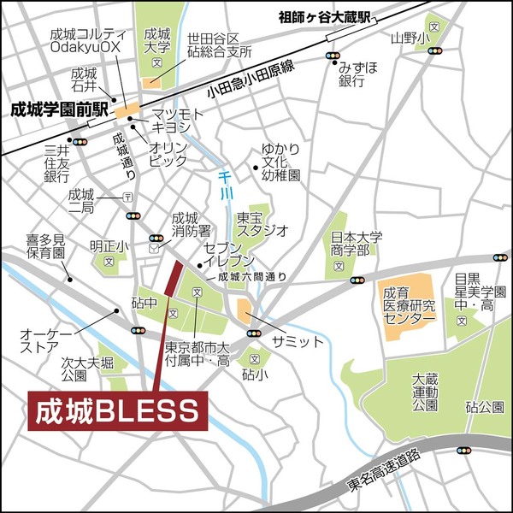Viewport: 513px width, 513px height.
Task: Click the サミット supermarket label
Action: click(297, 341)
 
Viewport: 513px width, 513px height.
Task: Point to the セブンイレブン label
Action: click(229, 253)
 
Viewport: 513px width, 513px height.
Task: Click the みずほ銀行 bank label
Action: click(357, 74)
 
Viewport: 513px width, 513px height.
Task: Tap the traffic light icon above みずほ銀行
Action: click(331, 56)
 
